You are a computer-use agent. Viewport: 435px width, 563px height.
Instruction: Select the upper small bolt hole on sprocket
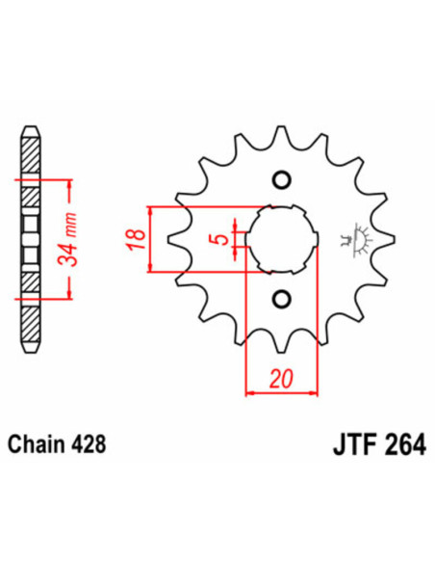pyautogui.click(x=281, y=179)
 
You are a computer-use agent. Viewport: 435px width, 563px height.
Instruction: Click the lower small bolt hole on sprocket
pyautogui.click(x=281, y=298)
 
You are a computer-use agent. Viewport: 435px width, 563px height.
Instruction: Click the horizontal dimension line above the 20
pyautogui.click(x=281, y=392)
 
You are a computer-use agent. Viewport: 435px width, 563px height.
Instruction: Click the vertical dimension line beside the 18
pyautogui.click(x=148, y=239)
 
